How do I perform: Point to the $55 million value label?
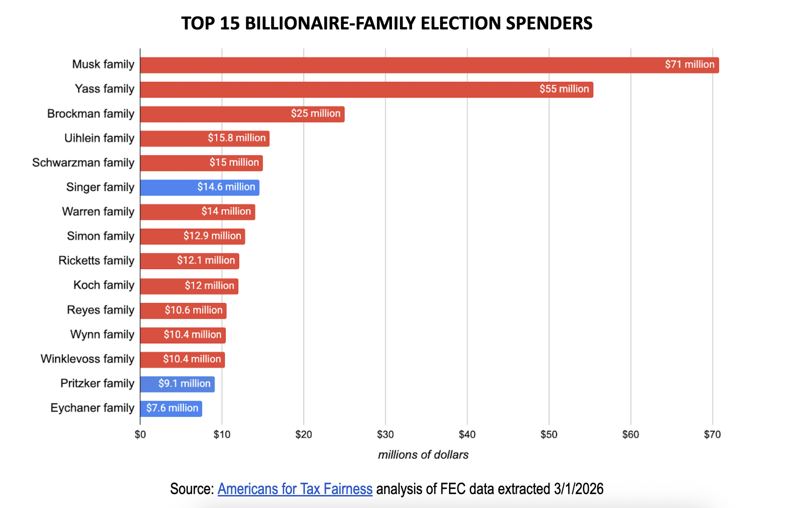pos(564,89)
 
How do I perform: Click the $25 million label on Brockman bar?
pos(316,114)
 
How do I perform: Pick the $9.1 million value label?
pos(184,384)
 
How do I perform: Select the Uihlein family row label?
pos(99,138)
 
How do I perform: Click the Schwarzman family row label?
pos(83,163)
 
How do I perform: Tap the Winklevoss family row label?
pos(88,359)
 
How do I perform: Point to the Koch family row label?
pos(104,285)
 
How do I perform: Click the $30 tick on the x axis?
pos(385,434)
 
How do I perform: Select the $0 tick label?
pos(140,434)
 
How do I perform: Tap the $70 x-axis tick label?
pos(712,434)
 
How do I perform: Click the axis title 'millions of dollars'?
pos(423,455)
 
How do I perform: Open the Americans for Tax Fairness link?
pos(295,489)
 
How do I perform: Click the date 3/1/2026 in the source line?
pos(579,489)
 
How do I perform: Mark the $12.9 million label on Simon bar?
pos(212,236)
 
